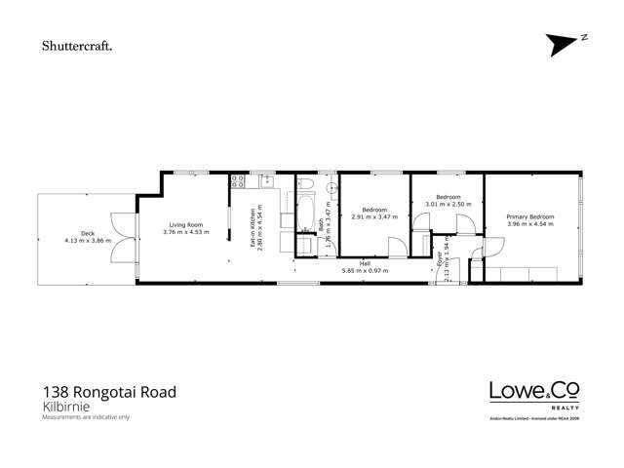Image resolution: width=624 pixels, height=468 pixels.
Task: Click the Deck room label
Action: point(88,234)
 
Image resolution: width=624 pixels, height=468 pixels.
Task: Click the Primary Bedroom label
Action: point(530,217)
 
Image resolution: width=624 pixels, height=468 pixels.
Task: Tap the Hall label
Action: point(364,263)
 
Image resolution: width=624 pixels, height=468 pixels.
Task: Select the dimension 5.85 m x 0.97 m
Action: point(364,270)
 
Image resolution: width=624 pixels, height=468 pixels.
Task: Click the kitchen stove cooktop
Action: point(237,180)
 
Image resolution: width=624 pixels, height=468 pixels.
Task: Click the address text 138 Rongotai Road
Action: point(109,392)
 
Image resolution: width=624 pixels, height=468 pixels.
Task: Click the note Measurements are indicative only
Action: point(86,417)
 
